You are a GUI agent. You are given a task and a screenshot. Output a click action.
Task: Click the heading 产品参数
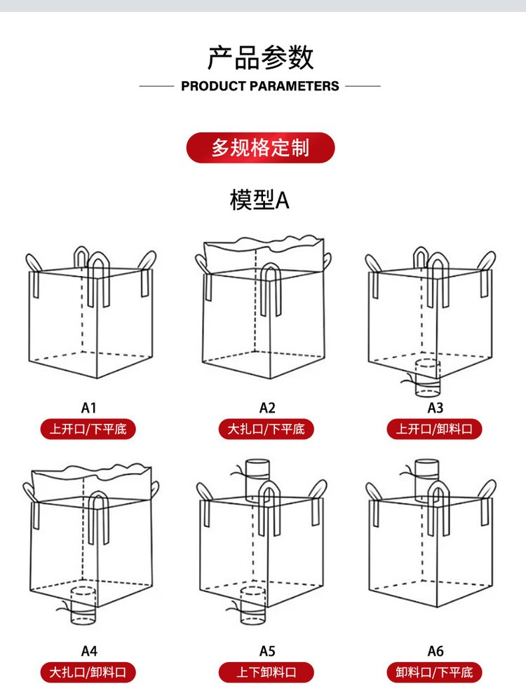pos(260,57)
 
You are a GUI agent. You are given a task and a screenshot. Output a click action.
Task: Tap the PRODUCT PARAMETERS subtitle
pos(260,86)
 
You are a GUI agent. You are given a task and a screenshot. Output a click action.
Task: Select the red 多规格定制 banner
pos(260,148)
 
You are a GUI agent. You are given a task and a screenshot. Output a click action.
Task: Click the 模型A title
pos(259,200)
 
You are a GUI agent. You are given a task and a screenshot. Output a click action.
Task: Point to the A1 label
pos(88,407)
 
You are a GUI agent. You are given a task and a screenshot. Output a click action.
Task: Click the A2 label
pos(267,407)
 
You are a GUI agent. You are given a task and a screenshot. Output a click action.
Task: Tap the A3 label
pos(436,407)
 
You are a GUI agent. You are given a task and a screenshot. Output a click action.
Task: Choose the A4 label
pos(88,651)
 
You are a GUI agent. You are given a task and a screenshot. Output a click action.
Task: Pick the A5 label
pos(267,651)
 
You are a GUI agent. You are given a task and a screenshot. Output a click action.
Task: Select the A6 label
pos(436,651)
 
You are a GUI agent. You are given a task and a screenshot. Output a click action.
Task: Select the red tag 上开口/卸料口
pos(435,429)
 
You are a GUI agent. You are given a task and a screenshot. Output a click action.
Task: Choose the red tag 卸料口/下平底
pos(435,673)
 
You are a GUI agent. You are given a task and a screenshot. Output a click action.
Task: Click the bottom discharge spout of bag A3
pos(427,377)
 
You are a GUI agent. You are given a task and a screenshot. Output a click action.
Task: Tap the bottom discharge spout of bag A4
pos(84,606)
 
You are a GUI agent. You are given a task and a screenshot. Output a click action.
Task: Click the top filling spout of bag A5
pos(257,470)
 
